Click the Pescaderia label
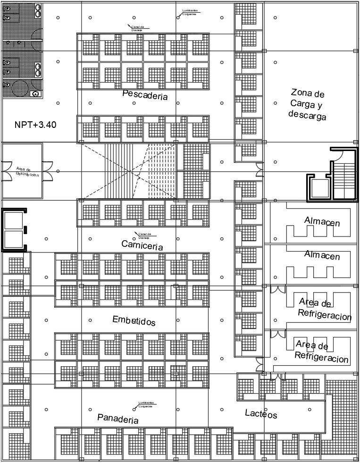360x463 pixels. (x=145, y=95)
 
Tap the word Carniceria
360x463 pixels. (x=142, y=245)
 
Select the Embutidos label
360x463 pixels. (x=134, y=321)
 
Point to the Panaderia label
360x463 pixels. (x=118, y=418)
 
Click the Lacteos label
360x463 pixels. (x=261, y=414)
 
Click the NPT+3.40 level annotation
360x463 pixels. (x=35, y=125)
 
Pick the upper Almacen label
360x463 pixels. (x=322, y=221)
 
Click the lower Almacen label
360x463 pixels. (x=322, y=255)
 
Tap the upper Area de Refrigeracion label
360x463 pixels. (x=325, y=309)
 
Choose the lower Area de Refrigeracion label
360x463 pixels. (x=322, y=352)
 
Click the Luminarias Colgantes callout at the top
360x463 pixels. (x=190, y=13)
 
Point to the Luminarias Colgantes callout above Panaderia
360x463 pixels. (x=145, y=404)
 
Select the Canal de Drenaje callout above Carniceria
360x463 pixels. (x=144, y=236)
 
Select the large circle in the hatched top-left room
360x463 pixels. (x=20, y=88)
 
